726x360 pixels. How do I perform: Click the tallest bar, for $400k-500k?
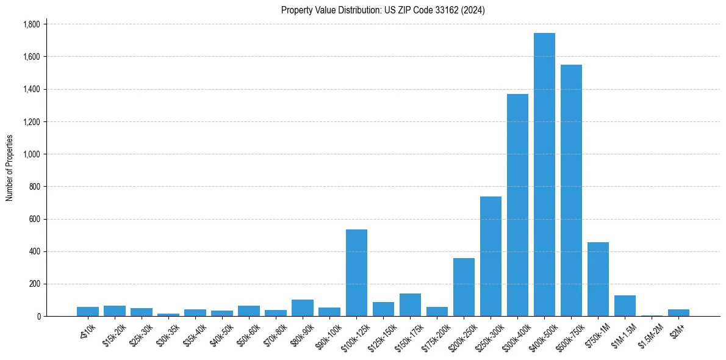[544, 175]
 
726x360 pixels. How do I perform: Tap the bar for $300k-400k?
[517, 205]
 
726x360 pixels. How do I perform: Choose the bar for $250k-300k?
[491, 256]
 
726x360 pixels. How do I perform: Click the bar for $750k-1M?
[598, 279]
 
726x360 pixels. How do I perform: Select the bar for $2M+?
[678, 313]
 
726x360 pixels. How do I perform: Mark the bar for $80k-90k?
[303, 308]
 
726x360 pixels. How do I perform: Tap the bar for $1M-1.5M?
[625, 306]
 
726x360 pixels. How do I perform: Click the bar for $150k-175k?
[410, 305]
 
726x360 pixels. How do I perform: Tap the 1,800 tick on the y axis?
[31, 24]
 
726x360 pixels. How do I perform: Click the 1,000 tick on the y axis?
[31, 154]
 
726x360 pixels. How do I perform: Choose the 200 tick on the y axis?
[35, 284]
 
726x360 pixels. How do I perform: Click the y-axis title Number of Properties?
[9, 168]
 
